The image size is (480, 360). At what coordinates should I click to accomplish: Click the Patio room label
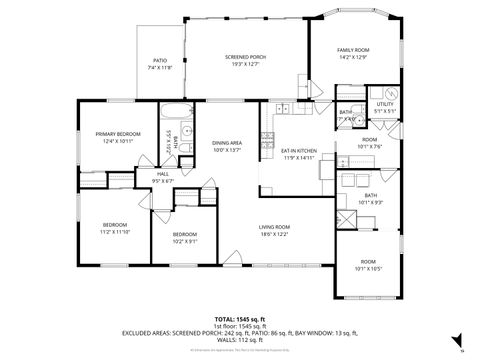coord(160,62)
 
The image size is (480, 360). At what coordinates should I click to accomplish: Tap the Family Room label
coord(353,52)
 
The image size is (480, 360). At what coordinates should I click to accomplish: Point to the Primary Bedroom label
coord(119,137)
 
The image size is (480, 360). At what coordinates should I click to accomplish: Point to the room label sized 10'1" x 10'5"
coord(370,265)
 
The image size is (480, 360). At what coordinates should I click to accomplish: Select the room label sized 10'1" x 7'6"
coord(370,142)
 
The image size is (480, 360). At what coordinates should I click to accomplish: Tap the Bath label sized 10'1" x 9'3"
coord(370,198)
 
